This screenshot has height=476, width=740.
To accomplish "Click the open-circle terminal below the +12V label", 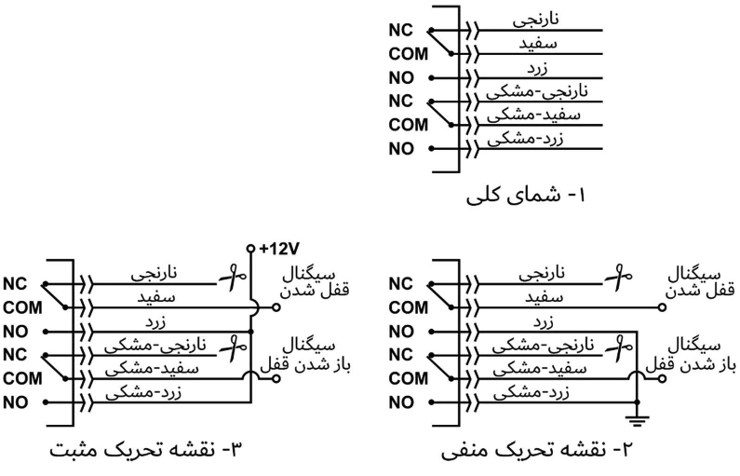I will pos(249,250).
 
